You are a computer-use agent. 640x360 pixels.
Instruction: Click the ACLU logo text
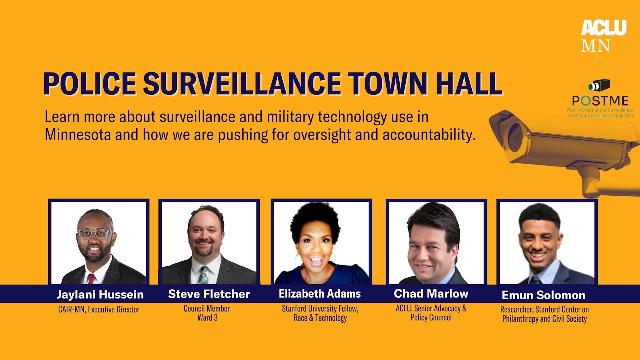point(603,28)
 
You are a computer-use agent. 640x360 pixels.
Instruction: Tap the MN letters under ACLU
point(596,46)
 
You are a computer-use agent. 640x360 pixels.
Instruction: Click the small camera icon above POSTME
point(600,85)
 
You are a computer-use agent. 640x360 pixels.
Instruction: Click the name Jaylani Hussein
point(100,294)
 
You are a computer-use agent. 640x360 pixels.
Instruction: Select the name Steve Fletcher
point(209,294)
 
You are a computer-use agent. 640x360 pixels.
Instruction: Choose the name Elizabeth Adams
point(320,294)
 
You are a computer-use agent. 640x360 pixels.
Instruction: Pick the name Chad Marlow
point(431,293)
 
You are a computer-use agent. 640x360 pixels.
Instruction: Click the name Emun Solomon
point(543,295)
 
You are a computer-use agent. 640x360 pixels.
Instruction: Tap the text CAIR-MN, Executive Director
point(99,310)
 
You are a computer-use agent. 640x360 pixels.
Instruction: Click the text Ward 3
point(207,318)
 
